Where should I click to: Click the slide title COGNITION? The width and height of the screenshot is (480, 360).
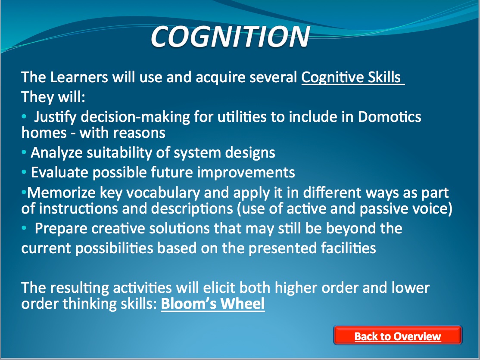(230, 37)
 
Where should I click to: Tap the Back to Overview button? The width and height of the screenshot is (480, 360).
(398, 335)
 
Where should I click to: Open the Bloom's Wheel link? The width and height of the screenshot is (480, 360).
(213, 304)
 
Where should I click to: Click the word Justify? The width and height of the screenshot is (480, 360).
(55, 117)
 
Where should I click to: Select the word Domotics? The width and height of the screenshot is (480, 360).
(390, 117)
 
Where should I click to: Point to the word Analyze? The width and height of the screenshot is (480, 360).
(56, 152)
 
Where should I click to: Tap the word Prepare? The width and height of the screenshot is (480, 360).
(61, 229)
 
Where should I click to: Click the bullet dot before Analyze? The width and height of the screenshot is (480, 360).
(24, 152)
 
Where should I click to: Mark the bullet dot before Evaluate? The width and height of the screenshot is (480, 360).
(24, 172)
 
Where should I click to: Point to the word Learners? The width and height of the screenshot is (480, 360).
(79, 77)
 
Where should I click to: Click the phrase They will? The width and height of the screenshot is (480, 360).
(53, 97)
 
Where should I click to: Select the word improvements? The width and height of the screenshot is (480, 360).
(246, 173)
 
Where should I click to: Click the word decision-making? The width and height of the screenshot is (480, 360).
(135, 117)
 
